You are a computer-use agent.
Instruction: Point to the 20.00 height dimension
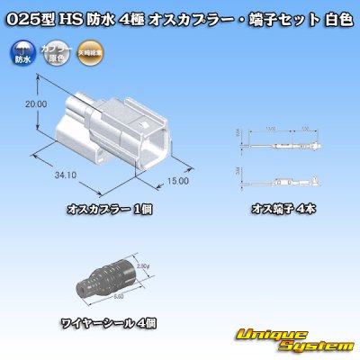click(36, 103)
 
